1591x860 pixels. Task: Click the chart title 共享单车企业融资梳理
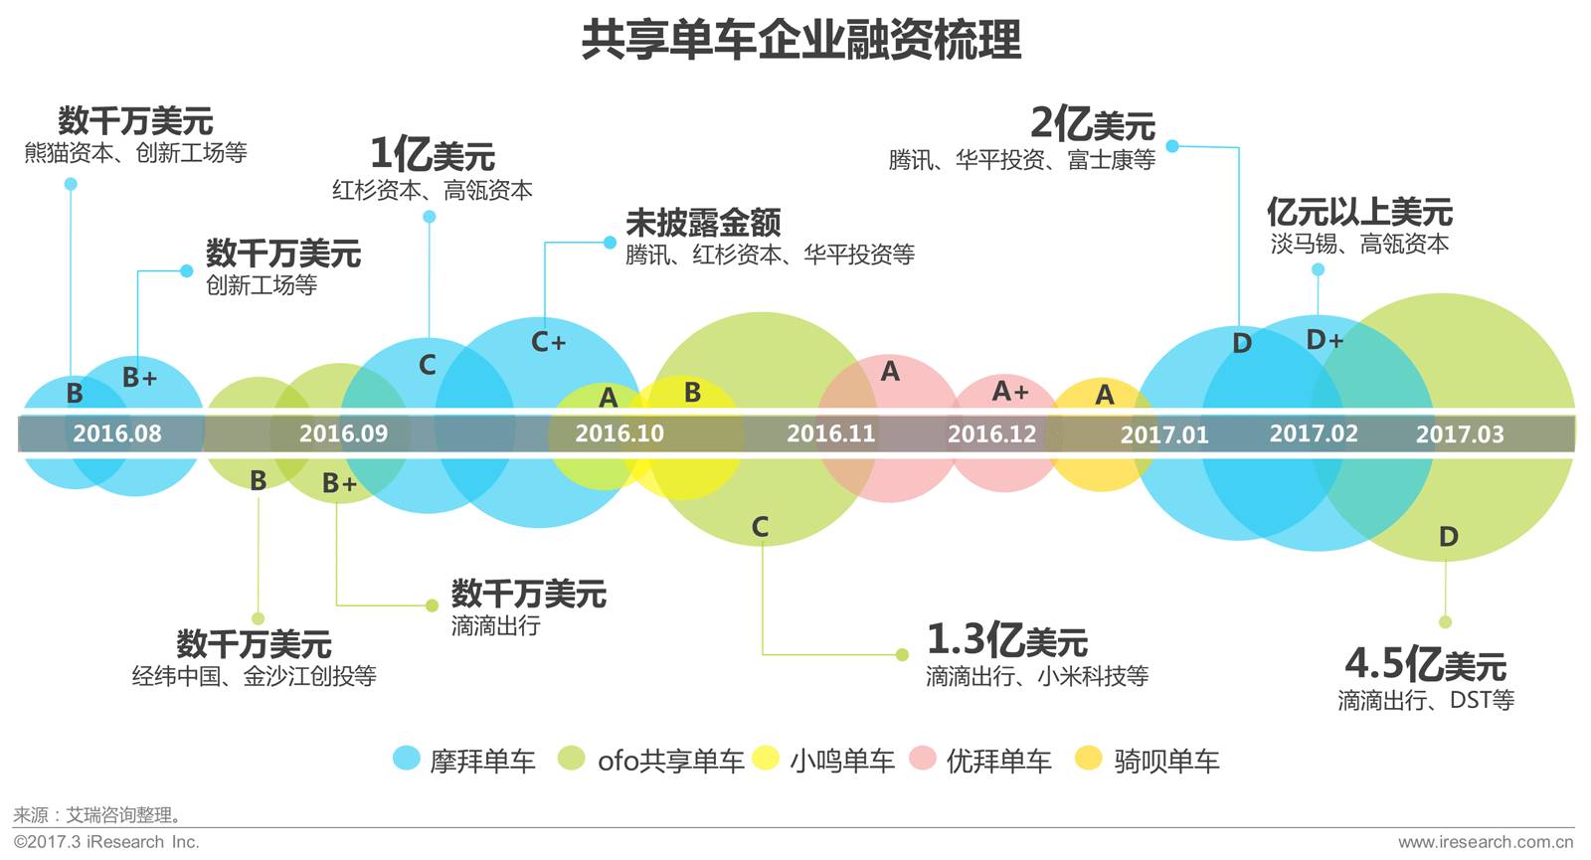click(x=801, y=40)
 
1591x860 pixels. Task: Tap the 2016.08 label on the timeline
click(x=116, y=433)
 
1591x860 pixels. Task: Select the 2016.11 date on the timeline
click(x=830, y=433)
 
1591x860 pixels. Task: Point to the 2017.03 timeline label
click(x=1459, y=434)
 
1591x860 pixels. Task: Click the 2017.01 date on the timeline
click(x=1163, y=435)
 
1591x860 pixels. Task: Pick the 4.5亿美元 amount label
click(x=1425, y=664)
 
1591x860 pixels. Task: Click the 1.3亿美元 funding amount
click(x=1006, y=640)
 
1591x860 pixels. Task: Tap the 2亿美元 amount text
click(x=1092, y=124)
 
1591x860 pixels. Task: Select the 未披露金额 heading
click(x=703, y=222)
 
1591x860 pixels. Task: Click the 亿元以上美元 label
click(x=1358, y=212)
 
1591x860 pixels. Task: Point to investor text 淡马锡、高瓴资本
click(x=1358, y=244)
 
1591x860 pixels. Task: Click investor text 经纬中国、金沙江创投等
click(x=254, y=677)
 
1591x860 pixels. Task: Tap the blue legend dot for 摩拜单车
click(x=407, y=759)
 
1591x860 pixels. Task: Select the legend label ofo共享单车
click(x=670, y=762)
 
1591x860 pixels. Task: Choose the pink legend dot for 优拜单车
click(x=924, y=759)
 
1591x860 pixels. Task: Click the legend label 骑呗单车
click(x=1166, y=762)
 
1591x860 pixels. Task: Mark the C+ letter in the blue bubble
click(x=548, y=343)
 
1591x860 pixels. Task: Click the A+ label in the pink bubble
click(x=1009, y=392)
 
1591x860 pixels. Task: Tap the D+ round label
click(x=1324, y=341)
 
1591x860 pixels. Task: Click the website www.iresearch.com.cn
click(x=1485, y=842)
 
